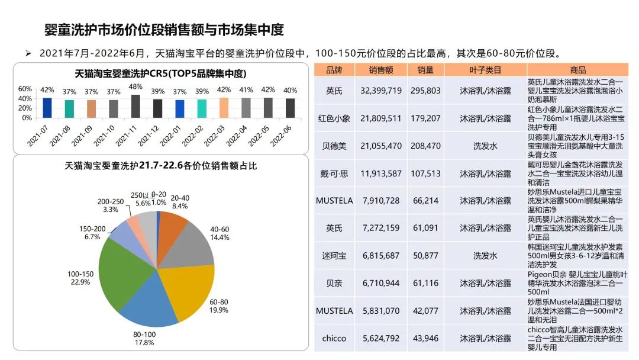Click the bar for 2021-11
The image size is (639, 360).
pos(135,106)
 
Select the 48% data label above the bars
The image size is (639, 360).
pos(135,88)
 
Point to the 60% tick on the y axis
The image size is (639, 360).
pos(25,89)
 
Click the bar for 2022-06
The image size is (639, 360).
pos(290,108)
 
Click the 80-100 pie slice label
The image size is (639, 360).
pos(144,338)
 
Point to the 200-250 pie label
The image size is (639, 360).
pos(111,205)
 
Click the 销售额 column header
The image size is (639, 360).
pos(381,70)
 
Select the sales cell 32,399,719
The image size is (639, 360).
pos(381,91)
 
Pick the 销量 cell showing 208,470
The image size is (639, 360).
pos(425,146)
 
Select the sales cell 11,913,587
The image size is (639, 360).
pos(381,173)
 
